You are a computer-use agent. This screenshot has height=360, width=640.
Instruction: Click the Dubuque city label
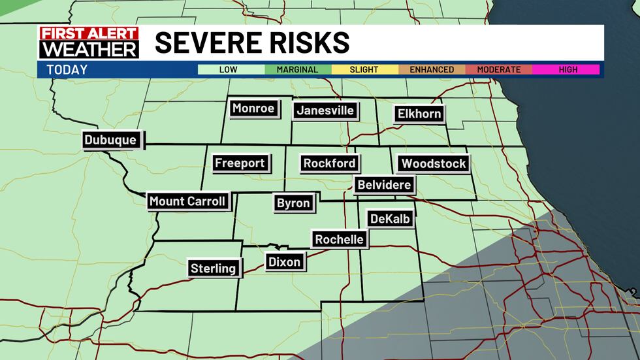click(110, 140)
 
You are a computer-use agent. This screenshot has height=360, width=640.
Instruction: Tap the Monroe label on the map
click(253, 108)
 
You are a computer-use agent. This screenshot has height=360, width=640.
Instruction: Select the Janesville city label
click(325, 110)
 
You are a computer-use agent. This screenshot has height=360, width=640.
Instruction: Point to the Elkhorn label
click(419, 114)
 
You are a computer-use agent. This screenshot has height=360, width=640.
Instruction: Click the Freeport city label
click(240, 163)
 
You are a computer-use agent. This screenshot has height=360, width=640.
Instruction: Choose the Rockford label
click(329, 163)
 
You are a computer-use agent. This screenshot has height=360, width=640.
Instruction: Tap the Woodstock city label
click(434, 163)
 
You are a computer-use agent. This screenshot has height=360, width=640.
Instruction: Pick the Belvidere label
click(384, 185)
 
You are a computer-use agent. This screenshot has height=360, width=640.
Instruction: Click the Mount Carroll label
click(187, 201)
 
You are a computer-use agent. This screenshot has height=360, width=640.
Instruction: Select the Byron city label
click(293, 203)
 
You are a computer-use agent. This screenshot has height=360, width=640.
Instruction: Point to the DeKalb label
click(390, 219)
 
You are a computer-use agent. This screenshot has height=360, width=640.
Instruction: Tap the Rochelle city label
click(339, 239)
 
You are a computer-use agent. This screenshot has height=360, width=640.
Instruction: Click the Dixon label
click(285, 262)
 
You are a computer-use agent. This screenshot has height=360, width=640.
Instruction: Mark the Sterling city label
click(213, 268)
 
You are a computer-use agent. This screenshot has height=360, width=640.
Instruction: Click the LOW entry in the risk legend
click(229, 69)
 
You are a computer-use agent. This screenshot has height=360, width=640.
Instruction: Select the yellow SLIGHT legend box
click(364, 69)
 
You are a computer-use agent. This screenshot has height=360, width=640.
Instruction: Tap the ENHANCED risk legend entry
click(432, 69)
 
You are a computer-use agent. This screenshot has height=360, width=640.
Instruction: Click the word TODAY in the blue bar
click(67, 69)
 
